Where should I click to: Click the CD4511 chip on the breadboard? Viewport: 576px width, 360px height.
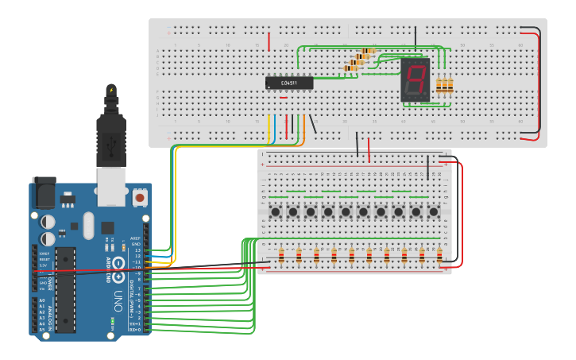[288, 83]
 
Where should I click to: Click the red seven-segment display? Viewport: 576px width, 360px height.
[415, 79]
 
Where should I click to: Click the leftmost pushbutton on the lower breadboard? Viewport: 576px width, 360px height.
[275, 212]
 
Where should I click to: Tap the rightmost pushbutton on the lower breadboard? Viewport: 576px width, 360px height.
[434, 212]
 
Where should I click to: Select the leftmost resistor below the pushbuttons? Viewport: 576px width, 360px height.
[281, 255]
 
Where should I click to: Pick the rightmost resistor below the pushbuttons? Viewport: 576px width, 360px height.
[439, 255]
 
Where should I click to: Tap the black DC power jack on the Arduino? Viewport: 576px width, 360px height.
[43, 192]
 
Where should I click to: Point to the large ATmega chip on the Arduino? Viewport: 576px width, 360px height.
[66, 289]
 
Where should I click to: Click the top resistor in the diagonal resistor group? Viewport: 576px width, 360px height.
[366, 52]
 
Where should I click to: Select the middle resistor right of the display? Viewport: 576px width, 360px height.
[445, 86]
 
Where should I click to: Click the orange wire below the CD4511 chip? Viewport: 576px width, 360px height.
[303, 129]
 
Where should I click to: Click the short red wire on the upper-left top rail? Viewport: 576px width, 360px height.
[269, 41]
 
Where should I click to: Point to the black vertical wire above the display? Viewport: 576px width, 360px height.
[415, 37]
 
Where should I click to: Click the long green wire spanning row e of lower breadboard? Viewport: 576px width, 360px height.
[358, 238]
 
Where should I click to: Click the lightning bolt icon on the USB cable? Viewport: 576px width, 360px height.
[111, 90]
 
